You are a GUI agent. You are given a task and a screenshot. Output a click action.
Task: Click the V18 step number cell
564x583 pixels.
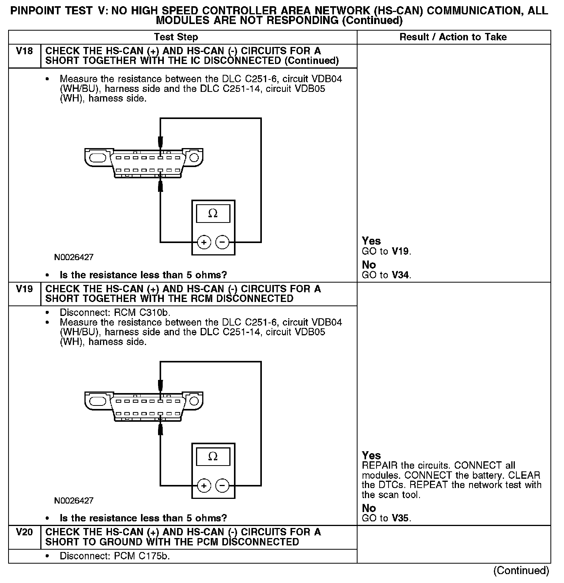click(24, 52)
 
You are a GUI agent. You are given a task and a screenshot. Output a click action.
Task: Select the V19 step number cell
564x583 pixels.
click(24, 289)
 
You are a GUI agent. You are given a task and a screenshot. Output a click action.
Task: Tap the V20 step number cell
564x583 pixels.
click(24, 532)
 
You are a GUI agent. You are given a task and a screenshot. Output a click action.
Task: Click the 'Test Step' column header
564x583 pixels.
click(176, 37)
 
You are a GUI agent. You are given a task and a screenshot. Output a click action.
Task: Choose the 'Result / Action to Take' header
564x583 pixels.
click(453, 37)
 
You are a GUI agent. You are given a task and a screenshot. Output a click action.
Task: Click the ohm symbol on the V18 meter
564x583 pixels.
click(213, 213)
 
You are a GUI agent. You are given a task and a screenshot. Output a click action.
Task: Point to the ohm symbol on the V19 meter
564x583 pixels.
click(213, 456)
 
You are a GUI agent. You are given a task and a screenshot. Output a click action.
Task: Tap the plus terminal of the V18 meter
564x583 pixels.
click(204, 243)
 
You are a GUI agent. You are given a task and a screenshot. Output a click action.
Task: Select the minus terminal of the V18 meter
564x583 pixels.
click(222, 243)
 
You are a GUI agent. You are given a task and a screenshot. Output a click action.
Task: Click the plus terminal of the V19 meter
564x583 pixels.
click(204, 486)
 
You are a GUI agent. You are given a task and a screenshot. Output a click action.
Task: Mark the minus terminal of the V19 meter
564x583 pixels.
click(222, 486)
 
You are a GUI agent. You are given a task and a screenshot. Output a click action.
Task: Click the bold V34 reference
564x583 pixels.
click(401, 275)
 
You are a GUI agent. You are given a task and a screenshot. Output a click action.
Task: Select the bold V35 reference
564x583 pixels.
click(401, 518)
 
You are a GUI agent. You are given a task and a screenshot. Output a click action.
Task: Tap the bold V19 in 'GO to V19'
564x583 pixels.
click(401, 251)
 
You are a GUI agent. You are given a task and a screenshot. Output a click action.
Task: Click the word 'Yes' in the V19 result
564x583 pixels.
click(371, 455)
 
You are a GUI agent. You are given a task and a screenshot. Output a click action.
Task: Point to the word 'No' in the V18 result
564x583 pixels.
click(369, 265)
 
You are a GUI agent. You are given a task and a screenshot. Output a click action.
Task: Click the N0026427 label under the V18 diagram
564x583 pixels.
click(74, 257)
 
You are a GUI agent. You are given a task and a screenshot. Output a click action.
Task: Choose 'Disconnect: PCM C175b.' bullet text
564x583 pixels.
click(115, 556)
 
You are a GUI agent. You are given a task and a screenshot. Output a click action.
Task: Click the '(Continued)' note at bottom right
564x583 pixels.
click(521, 571)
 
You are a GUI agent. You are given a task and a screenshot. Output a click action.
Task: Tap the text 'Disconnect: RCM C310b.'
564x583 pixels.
click(115, 312)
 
